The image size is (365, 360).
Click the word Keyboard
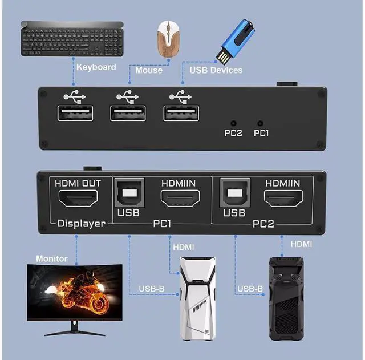pos(96,67)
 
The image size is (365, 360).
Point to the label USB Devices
pos(216,70)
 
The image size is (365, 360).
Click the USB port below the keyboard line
pos(75,114)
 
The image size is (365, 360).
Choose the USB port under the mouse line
pos(128,114)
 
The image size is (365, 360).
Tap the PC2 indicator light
pos(233,123)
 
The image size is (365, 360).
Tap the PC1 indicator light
pos(261,123)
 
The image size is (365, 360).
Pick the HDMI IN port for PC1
pos(179,199)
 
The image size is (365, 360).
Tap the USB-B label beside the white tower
pos(152,289)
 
